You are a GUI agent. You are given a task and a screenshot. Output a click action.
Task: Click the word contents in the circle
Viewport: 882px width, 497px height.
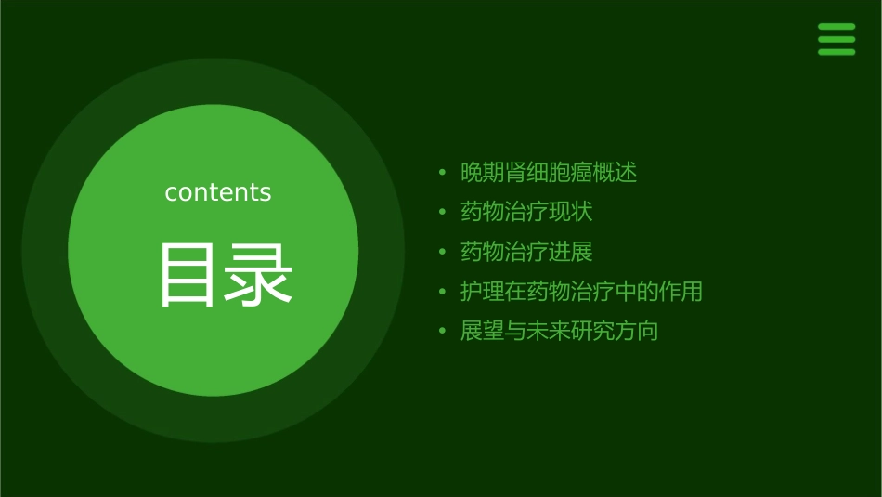click(218, 192)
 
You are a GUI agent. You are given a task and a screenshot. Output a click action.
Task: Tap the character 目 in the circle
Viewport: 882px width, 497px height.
click(188, 275)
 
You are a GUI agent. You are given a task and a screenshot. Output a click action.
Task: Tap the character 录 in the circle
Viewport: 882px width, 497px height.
click(259, 275)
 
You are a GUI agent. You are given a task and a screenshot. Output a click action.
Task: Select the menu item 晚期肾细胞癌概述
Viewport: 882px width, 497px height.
click(549, 173)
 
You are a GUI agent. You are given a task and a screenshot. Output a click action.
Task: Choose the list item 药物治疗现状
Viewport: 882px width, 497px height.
click(526, 212)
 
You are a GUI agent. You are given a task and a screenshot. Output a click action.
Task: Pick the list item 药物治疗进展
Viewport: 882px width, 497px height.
click(526, 252)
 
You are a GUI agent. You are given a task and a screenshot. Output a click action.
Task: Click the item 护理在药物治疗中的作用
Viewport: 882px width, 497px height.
click(581, 292)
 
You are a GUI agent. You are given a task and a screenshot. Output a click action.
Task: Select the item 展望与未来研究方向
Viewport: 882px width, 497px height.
click(559, 332)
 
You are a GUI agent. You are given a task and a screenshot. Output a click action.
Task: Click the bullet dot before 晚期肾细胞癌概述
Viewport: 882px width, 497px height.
click(442, 173)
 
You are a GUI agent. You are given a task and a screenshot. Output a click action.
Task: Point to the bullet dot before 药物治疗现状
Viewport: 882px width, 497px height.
click(442, 213)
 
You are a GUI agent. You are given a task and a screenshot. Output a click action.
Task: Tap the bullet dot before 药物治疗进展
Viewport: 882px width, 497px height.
click(442, 253)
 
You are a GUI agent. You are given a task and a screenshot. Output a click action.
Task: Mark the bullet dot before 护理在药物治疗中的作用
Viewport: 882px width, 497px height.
click(442, 293)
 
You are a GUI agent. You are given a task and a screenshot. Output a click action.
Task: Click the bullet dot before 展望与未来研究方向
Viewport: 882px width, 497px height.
click(442, 332)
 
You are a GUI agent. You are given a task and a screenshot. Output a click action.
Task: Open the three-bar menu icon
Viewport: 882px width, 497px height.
click(837, 39)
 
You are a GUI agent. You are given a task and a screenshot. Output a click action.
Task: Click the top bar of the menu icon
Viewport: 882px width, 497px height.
click(837, 27)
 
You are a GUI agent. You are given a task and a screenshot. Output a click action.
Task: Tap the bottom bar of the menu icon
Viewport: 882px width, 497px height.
click(837, 52)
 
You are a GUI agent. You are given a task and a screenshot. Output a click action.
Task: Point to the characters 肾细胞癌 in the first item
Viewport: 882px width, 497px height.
click(549, 173)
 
